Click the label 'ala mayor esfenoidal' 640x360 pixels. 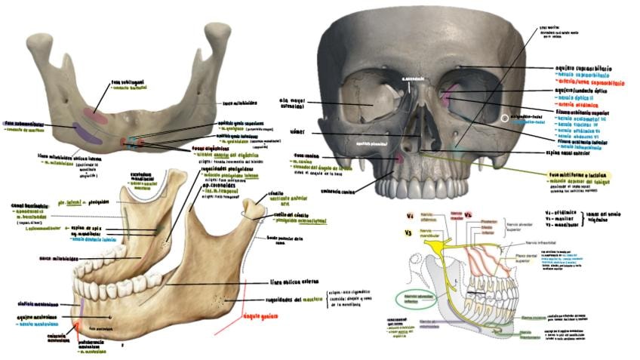coord(295,102)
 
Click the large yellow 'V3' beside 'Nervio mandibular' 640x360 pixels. coord(409,233)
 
